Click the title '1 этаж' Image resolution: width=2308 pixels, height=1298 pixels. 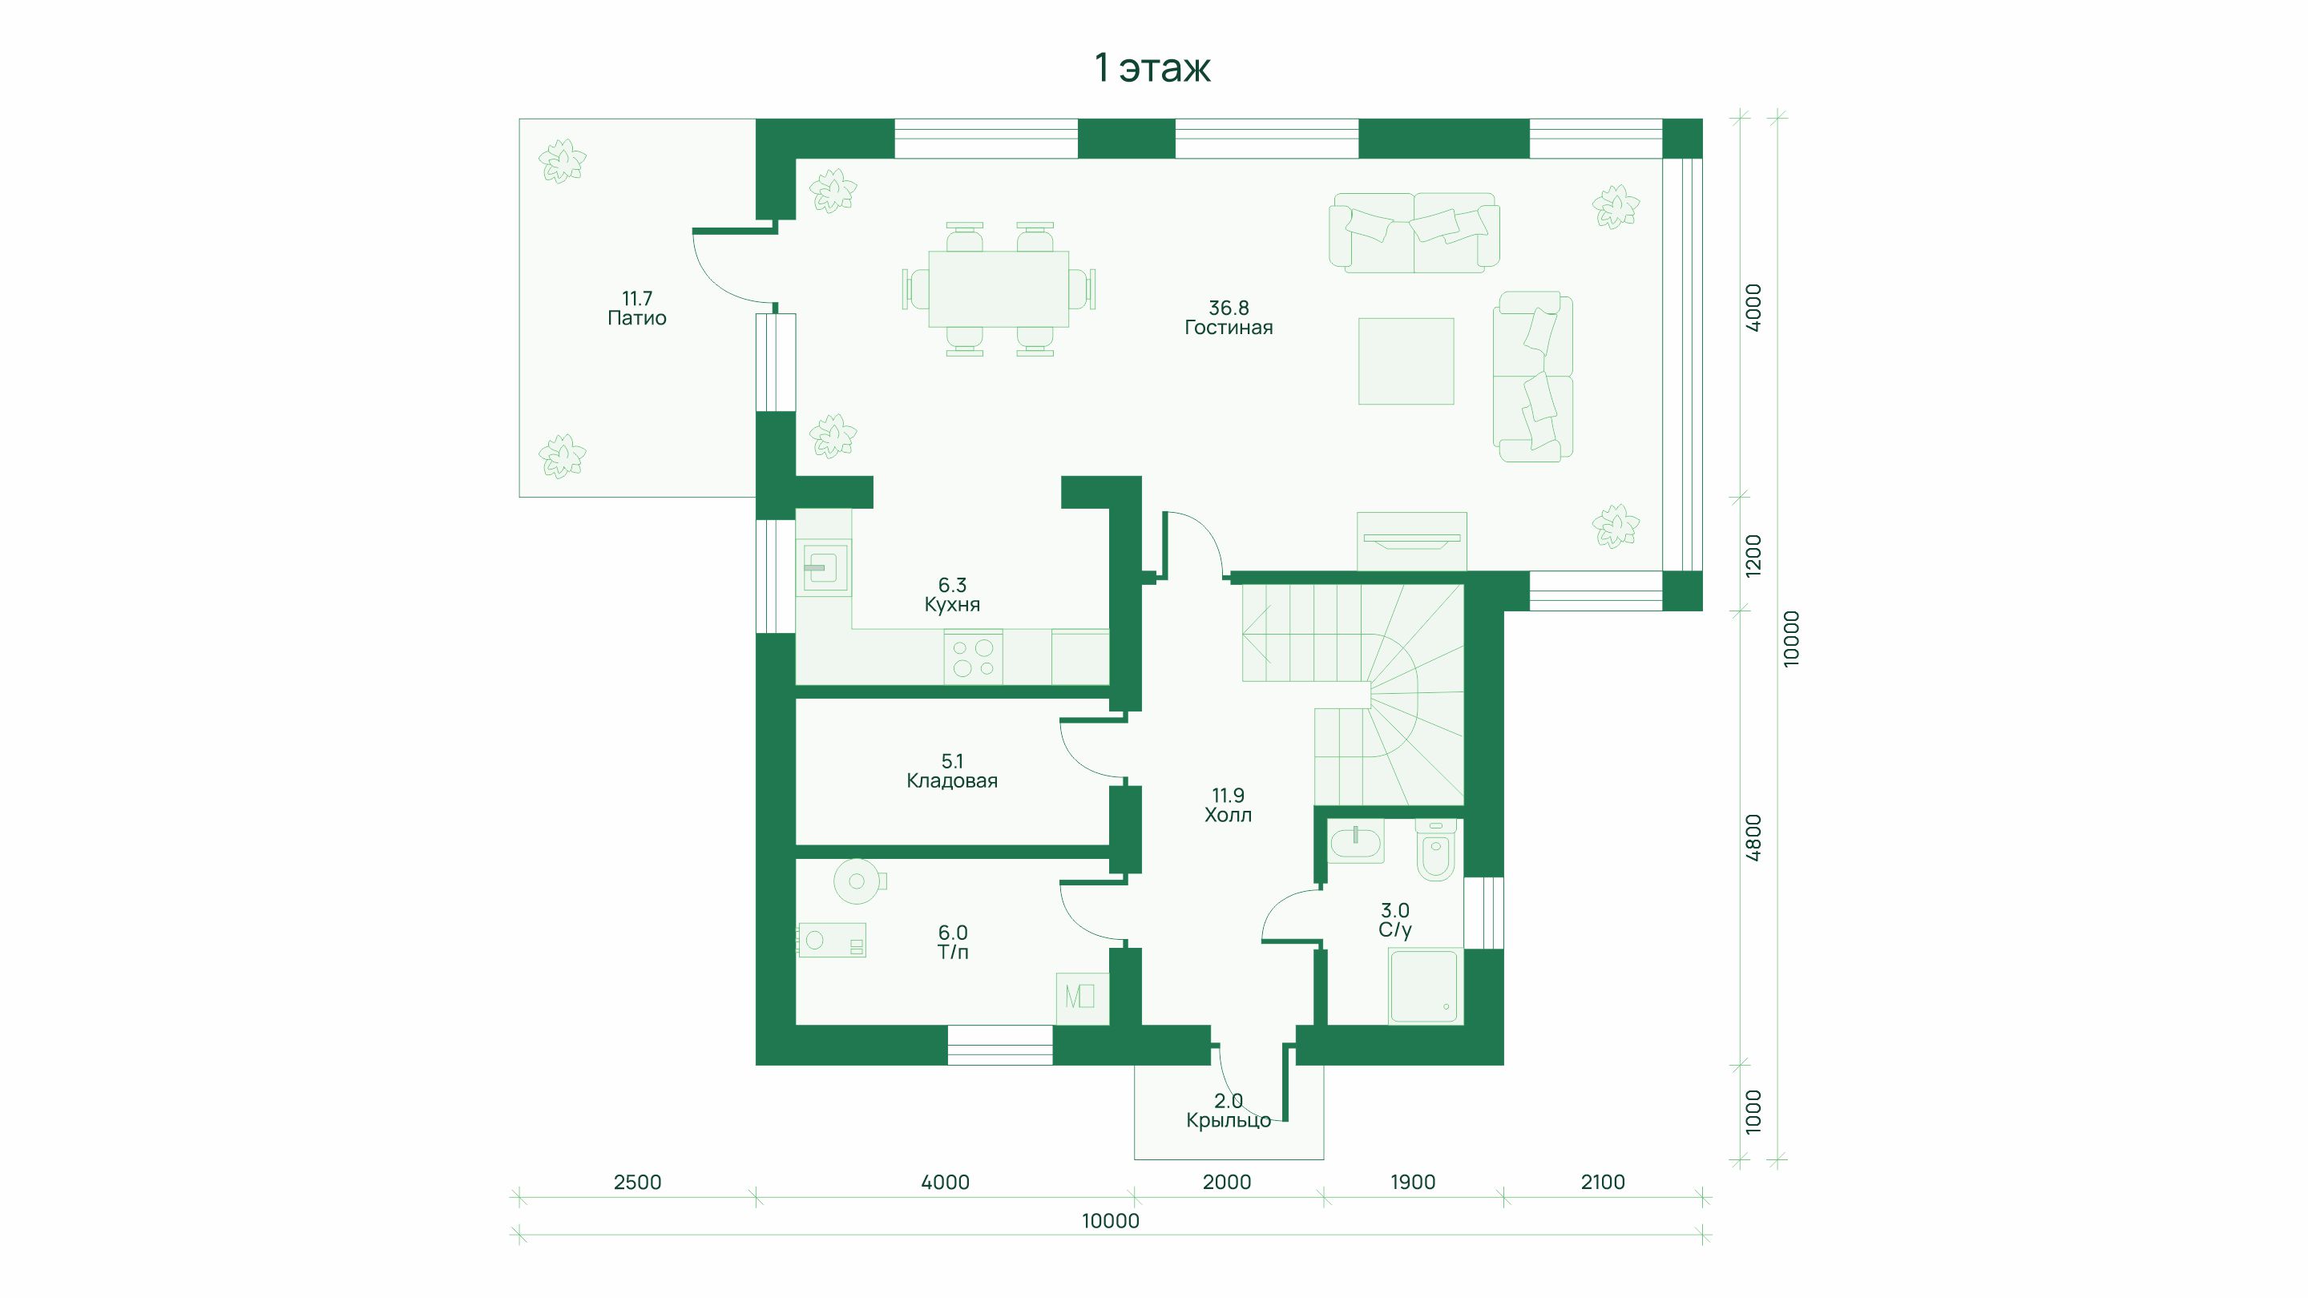click(1152, 68)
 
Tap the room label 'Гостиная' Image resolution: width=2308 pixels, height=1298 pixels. click(1229, 328)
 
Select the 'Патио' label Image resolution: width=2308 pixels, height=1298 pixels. click(637, 318)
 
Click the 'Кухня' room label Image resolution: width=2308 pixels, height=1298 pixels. click(951, 605)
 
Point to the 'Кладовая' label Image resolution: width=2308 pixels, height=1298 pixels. click(951, 781)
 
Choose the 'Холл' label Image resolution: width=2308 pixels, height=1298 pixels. click(1228, 815)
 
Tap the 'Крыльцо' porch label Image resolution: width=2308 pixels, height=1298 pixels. click(1229, 1121)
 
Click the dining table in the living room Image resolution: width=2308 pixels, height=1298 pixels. click(998, 289)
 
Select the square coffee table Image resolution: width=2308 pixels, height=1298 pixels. click(1406, 361)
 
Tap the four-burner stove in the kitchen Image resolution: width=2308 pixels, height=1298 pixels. click(973, 657)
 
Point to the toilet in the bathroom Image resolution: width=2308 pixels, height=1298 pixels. click(1435, 851)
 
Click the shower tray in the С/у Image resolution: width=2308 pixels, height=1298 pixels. click(1424, 986)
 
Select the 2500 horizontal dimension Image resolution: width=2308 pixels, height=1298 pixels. click(637, 1183)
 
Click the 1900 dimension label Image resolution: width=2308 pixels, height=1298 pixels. click(1413, 1183)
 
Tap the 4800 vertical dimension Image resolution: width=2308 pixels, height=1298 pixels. click(1754, 838)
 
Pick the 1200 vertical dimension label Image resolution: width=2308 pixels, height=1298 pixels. click(1754, 555)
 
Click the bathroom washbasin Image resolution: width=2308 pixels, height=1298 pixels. click(1356, 842)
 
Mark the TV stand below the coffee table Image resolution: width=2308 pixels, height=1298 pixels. click(1411, 541)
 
